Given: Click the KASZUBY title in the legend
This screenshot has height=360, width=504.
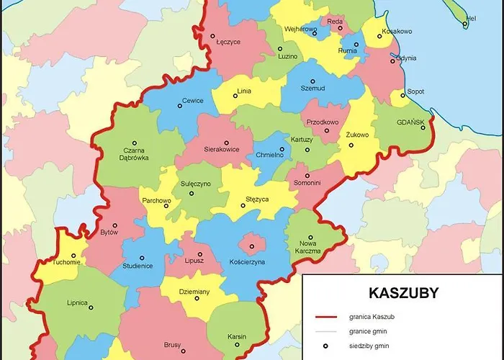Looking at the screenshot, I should pos(403,293).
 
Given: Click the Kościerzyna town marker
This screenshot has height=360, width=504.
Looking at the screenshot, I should pos(252,246).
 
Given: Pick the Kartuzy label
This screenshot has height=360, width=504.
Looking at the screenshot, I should pos(302,139).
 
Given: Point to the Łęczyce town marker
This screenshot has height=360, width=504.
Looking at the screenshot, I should pos(213,33).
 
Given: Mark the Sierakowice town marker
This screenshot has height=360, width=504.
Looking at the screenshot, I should pos(226,143).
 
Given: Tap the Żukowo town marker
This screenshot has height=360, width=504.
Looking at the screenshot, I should pos(351,145).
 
